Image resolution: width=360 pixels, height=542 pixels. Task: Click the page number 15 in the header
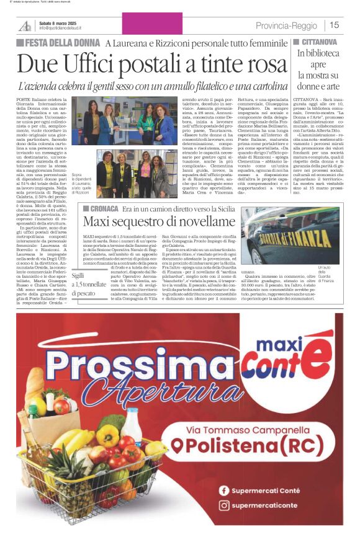click(x=335, y=25)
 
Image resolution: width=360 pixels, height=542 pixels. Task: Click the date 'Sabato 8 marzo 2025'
click(x=61, y=22)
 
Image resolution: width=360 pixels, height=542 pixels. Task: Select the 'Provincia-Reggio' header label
click(x=286, y=25)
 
